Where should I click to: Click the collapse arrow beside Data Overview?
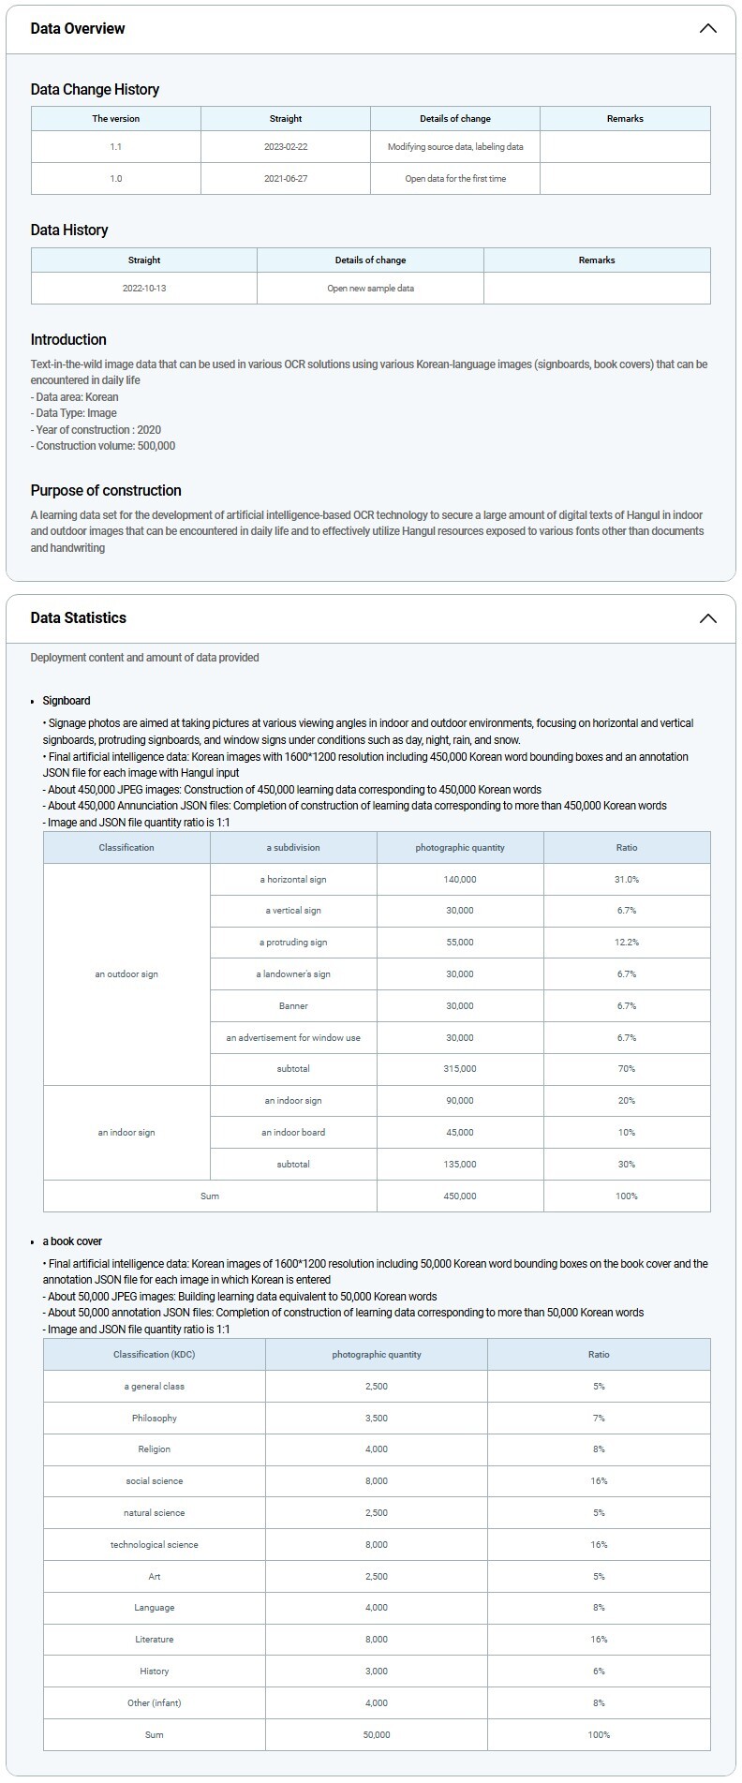tap(707, 28)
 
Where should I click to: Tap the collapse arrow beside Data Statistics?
tap(707, 618)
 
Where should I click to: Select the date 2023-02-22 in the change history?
tap(286, 147)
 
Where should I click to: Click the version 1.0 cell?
tap(116, 179)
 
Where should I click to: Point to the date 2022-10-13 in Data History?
tap(144, 289)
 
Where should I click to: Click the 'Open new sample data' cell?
tap(370, 289)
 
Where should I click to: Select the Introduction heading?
tap(68, 340)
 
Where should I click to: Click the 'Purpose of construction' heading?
tap(106, 491)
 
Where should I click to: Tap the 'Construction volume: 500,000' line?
tap(103, 446)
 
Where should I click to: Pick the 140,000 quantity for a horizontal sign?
tap(460, 880)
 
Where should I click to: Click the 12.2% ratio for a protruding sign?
tap(627, 943)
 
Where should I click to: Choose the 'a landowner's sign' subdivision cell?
tap(293, 974)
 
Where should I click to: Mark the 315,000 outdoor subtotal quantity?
tap(460, 1069)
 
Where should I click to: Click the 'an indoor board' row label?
tap(293, 1133)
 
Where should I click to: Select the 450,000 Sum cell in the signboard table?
tap(460, 1196)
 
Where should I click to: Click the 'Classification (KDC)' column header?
tap(155, 1355)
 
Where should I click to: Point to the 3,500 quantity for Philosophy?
tap(377, 1419)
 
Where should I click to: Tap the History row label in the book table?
tap(155, 1672)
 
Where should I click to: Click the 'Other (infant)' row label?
tap(155, 1703)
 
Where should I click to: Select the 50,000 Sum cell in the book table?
tap(377, 1735)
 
